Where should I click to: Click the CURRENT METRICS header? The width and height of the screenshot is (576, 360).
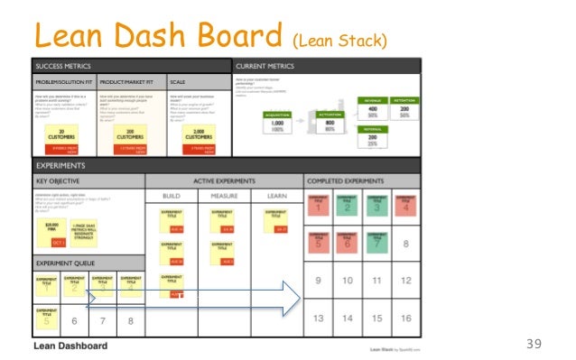(266, 67)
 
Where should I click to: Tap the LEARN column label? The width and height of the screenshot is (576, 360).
(275, 195)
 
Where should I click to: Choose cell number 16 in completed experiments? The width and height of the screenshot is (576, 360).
(406, 318)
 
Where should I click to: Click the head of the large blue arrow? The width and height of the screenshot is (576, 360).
(291, 298)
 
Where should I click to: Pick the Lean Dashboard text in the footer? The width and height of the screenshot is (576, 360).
(71, 346)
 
